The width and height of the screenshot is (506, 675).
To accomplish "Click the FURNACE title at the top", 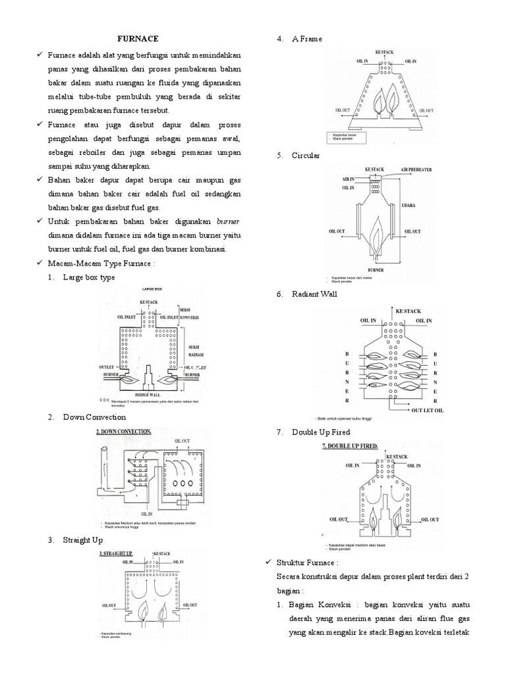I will [x=138, y=39].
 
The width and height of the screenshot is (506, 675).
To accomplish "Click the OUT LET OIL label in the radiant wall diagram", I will [x=428, y=410].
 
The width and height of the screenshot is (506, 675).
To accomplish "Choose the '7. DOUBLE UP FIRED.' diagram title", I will [x=350, y=446].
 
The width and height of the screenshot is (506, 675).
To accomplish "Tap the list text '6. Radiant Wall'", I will [x=307, y=294].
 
